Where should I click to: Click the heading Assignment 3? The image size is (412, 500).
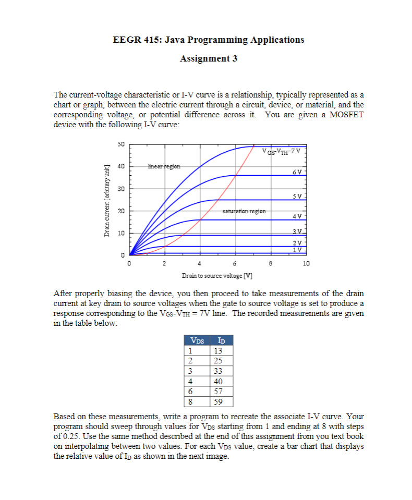click(208, 58)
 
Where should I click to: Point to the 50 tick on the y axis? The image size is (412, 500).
click(120, 144)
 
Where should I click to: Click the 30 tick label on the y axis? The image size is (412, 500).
click(120, 188)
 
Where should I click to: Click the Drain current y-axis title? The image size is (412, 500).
click(106, 200)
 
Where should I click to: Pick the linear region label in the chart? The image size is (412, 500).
click(164, 166)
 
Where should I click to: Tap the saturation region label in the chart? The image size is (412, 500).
click(244, 211)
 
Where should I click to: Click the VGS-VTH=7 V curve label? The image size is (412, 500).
click(284, 151)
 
